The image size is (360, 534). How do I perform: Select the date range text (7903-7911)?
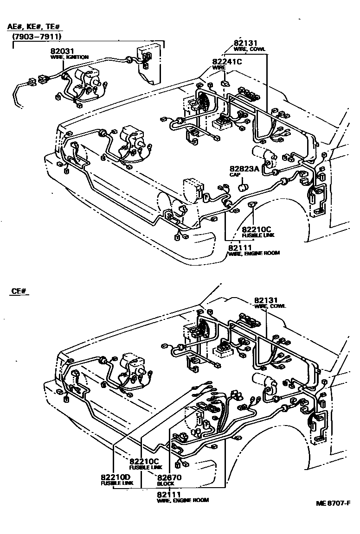tap(37, 36)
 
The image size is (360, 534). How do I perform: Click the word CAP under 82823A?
tap(235, 175)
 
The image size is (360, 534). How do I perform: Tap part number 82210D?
tap(116, 477)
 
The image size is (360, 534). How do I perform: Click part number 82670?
tap(169, 477)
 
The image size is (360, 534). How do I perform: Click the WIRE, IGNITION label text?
tap(69, 57)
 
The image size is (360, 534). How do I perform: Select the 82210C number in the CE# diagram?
tap(144, 461)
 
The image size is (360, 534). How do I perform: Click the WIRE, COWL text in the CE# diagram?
tap(270, 306)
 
